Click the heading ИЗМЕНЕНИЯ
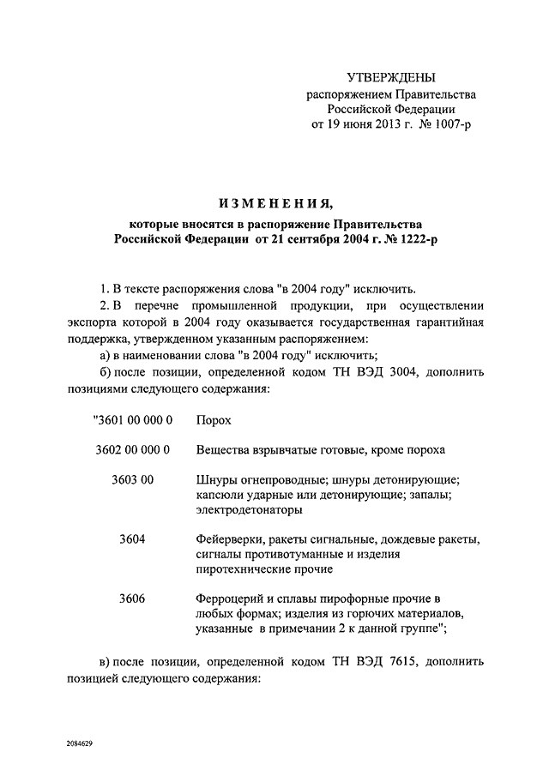point(274,202)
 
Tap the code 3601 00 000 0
point(132,421)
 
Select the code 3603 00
point(132,478)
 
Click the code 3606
point(132,598)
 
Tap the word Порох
point(214,421)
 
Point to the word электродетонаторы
point(249,509)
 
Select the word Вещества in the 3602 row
point(225,449)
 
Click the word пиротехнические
point(247,568)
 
